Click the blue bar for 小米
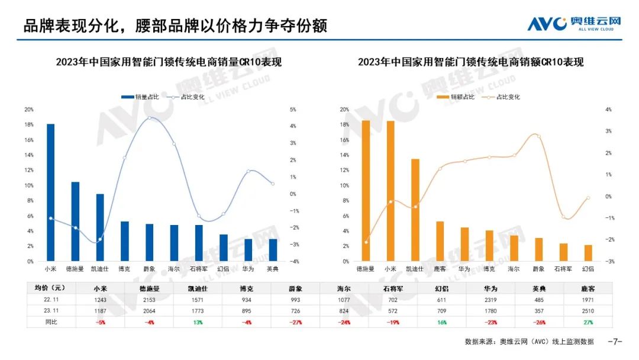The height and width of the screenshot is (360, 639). pyautogui.click(x=51, y=192)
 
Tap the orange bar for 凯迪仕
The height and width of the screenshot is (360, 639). pyautogui.click(x=415, y=210)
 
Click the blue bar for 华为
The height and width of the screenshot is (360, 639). pyautogui.click(x=248, y=249)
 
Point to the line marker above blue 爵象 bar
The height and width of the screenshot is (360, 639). pyautogui.click(x=149, y=118)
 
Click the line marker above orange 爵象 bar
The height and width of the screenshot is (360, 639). pyautogui.click(x=538, y=136)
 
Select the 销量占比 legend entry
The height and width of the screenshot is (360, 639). pyautogui.click(x=140, y=97)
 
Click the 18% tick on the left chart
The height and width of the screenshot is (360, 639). pyautogui.click(x=29, y=125)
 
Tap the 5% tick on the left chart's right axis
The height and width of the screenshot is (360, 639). pyautogui.click(x=292, y=110)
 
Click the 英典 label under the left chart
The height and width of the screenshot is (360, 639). pyautogui.click(x=273, y=269)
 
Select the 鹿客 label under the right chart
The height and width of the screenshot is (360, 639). pyautogui.click(x=440, y=269)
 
